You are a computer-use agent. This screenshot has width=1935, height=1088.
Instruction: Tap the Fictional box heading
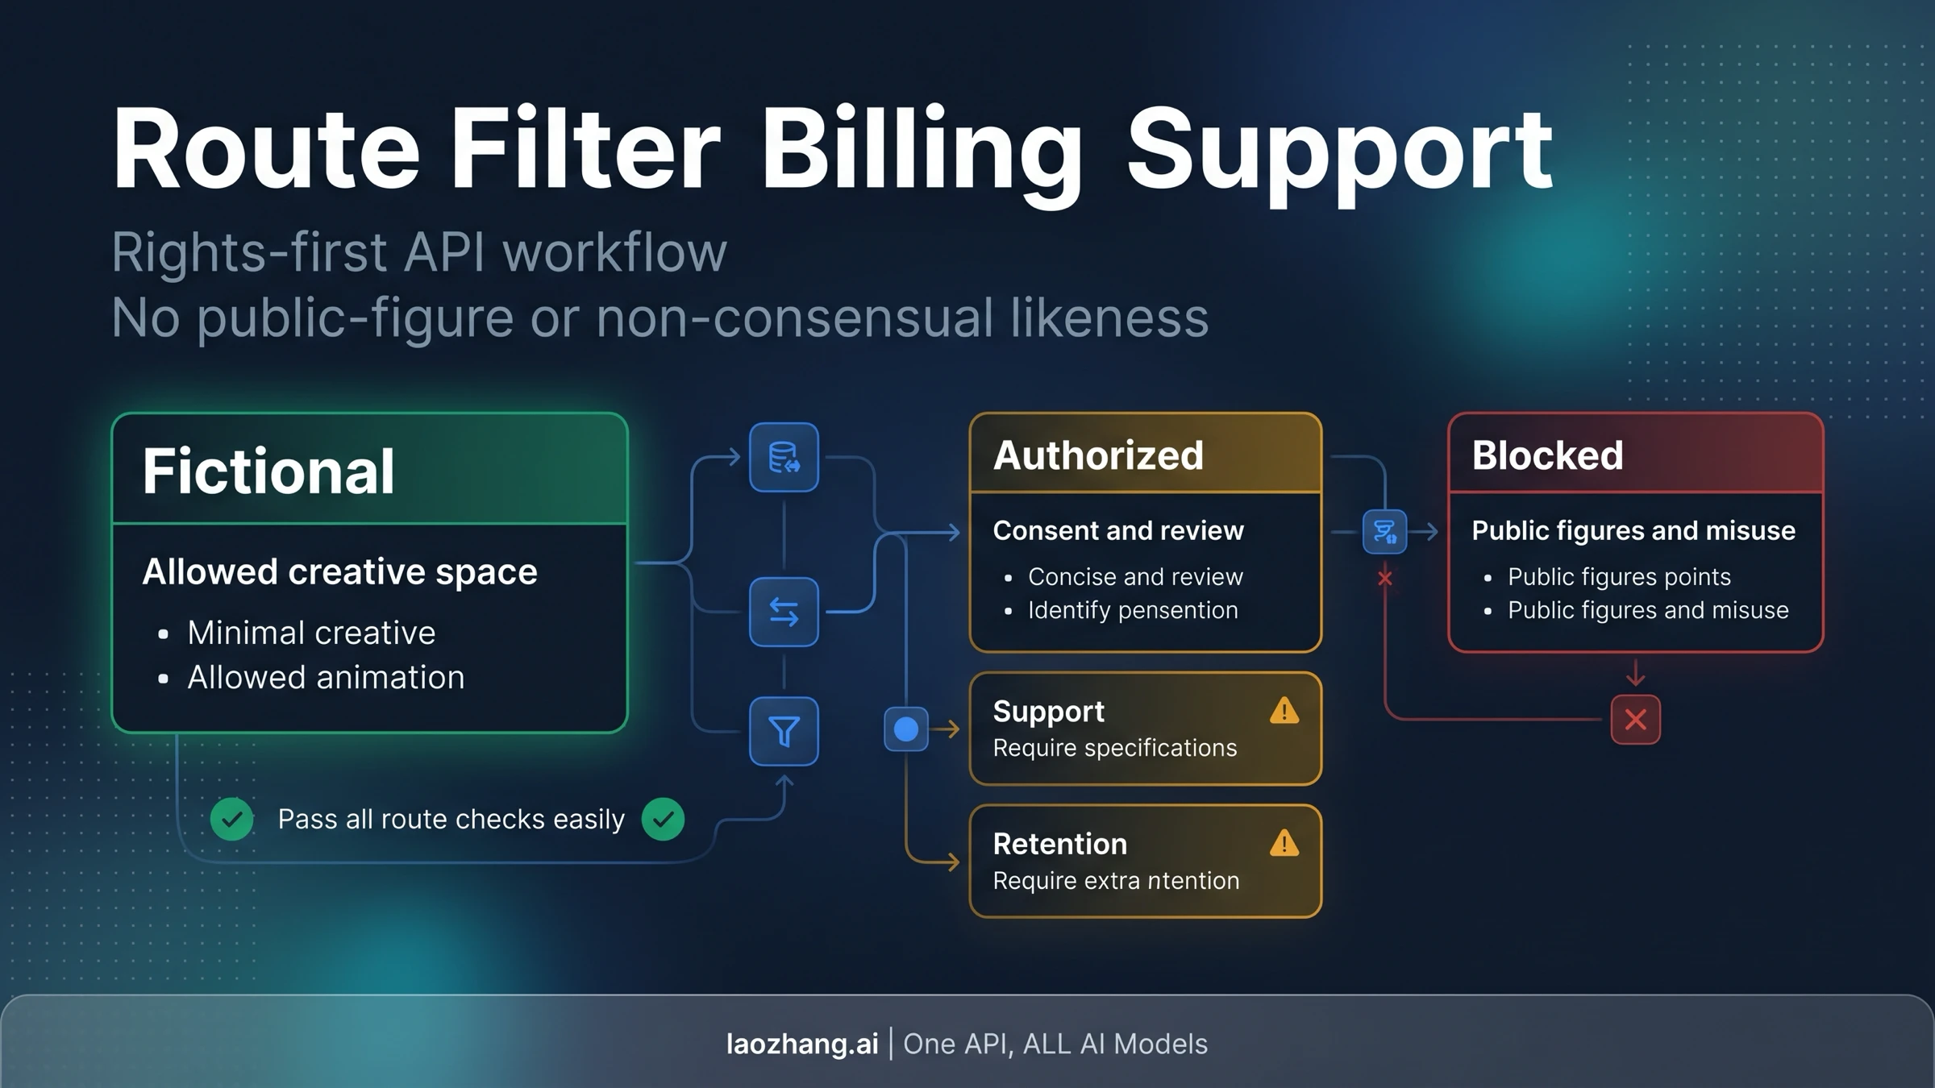(x=268, y=471)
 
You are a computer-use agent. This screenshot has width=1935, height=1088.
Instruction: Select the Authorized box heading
(x=1098, y=455)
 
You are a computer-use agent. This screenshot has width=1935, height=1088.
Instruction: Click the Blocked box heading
(x=1547, y=455)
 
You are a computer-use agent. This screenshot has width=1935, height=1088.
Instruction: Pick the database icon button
(x=784, y=457)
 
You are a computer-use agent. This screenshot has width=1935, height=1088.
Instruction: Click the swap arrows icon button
(x=784, y=612)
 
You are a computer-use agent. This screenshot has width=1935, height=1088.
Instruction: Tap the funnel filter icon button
(x=784, y=731)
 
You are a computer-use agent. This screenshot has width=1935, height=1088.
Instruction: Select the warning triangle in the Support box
(x=1284, y=711)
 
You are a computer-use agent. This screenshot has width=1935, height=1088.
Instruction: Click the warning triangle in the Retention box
(x=1284, y=843)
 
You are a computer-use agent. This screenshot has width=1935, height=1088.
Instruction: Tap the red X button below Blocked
(x=1635, y=720)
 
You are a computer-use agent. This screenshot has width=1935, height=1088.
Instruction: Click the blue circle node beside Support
(x=906, y=729)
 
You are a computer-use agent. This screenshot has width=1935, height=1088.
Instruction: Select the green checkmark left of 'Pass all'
(x=232, y=819)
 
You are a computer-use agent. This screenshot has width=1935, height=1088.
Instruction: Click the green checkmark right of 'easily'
(x=663, y=819)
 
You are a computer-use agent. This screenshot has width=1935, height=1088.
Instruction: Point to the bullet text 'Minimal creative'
(x=311, y=633)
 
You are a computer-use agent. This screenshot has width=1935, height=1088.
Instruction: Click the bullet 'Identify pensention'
(x=1133, y=610)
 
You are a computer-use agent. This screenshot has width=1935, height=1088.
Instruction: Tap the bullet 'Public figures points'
(x=1619, y=577)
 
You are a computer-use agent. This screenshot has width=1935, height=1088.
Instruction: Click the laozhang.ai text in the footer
(x=802, y=1044)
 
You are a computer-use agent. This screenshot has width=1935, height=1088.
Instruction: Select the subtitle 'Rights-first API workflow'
(x=419, y=252)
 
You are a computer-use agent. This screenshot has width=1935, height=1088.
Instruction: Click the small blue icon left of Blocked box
(x=1384, y=532)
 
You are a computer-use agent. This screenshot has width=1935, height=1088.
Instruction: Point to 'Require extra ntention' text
(x=1116, y=881)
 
